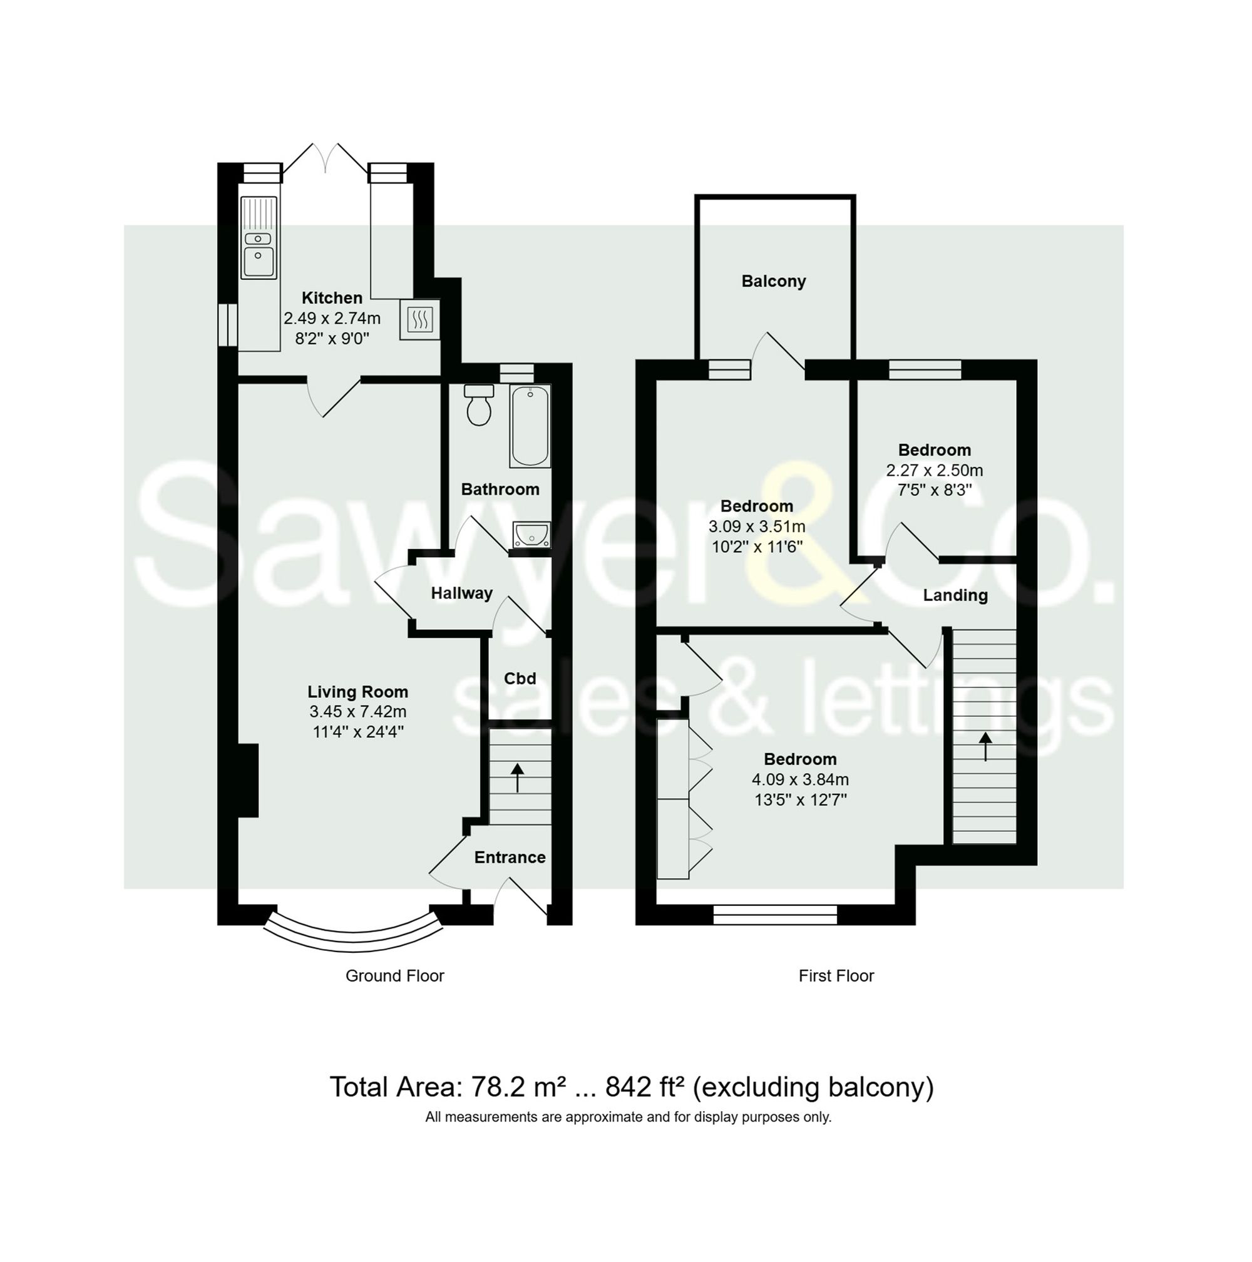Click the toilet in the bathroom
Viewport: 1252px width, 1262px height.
tap(479, 405)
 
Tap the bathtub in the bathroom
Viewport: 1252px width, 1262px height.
tap(530, 426)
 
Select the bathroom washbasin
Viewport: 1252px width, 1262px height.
tap(531, 535)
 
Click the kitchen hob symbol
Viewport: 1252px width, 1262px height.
tap(419, 320)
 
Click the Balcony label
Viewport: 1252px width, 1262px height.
tap(773, 282)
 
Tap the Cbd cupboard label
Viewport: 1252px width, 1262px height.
tap(520, 678)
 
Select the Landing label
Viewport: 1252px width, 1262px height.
tap(955, 595)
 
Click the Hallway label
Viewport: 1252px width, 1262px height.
tap(461, 593)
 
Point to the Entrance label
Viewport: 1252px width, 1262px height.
tap(510, 857)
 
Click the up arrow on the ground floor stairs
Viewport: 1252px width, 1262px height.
tap(517, 777)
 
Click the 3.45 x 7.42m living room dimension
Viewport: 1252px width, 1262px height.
tap(358, 712)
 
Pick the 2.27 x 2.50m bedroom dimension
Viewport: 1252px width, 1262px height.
tap(934, 470)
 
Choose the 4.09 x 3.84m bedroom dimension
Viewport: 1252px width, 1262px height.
tap(800, 779)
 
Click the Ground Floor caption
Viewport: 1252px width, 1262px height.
tap(394, 976)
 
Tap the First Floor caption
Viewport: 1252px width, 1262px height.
tap(836, 976)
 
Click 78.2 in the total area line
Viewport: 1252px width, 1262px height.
tap(496, 1087)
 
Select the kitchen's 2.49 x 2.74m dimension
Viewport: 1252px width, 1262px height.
tap(332, 319)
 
